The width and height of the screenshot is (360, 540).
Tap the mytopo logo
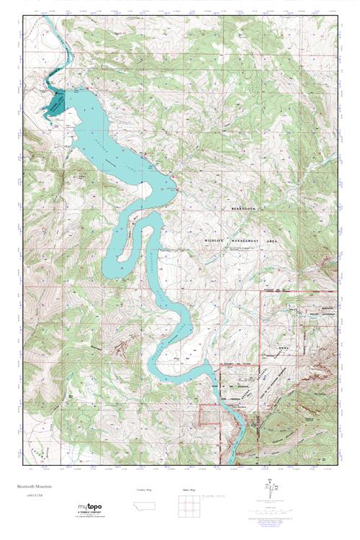(x=89, y=508)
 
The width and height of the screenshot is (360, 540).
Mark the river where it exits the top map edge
(x=45, y=21)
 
